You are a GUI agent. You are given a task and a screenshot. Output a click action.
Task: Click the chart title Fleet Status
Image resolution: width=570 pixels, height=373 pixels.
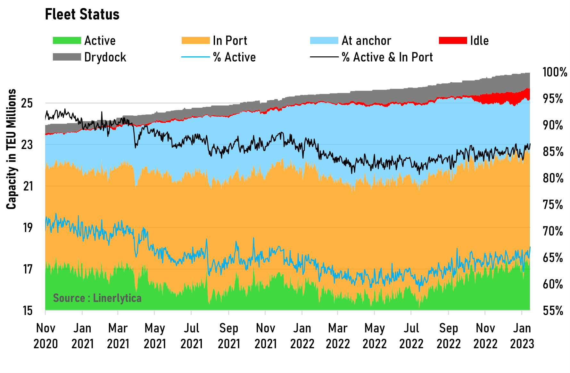coord(82,14)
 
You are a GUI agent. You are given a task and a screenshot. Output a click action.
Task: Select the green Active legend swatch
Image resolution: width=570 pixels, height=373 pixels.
coord(67,41)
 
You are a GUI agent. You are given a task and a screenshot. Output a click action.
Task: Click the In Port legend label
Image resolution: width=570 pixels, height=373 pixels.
coord(230,41)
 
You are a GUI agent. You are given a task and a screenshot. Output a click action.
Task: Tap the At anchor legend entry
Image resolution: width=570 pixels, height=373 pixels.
coord(366,41)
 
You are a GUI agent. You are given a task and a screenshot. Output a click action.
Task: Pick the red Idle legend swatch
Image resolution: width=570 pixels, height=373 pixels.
coord(453,41)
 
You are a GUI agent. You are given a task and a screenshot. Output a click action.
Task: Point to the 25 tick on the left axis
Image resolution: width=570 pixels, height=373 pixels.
coord(27,103)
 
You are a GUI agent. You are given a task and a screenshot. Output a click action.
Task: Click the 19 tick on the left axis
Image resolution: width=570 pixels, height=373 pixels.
coord(28,228)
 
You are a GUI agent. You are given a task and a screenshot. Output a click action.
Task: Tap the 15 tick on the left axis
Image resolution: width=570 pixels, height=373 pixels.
coord(28,311)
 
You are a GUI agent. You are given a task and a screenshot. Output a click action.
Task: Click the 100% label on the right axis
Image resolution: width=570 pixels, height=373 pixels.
coord(555,72)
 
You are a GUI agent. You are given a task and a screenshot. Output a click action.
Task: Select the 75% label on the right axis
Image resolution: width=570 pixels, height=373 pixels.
coord(553,204)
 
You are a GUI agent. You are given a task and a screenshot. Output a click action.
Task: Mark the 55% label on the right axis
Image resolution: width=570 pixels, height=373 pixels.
coord(553,311)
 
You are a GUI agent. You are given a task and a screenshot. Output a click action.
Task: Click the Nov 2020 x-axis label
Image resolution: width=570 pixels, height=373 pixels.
coord(45,336)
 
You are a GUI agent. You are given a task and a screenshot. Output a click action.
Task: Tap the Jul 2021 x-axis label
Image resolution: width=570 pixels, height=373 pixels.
coord(192,336)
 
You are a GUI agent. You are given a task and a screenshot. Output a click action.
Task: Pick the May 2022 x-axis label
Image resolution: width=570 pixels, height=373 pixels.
coord(375,336)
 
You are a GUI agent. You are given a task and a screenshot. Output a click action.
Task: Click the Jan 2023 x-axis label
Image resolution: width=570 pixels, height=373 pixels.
coord(522,336)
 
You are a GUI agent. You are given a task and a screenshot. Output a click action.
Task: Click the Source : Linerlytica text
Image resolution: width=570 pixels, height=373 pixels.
coord(97,298)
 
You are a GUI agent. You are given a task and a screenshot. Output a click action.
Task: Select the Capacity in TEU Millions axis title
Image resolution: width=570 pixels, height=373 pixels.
coord(12,149)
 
